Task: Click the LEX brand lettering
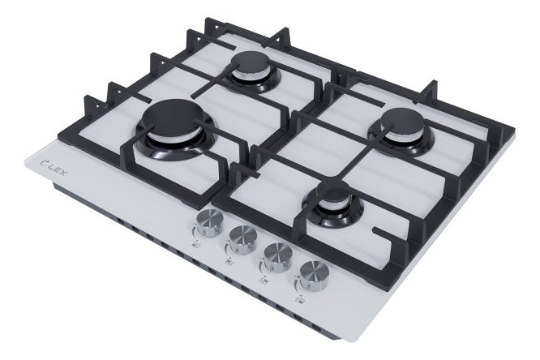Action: [x=57, y=169]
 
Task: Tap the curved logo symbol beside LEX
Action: [x=44, y=161]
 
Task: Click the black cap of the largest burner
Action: [x=174, y=117]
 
